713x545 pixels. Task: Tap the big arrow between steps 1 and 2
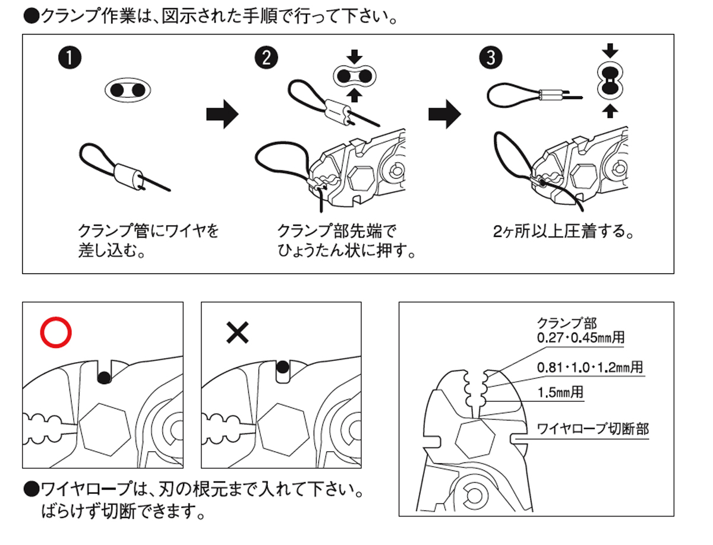pos(222,113)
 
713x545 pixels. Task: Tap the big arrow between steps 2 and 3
pos(445,113)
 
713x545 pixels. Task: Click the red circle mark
pos(56,333)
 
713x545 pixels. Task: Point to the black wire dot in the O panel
pos(105,376)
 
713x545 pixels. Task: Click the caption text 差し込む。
pos(113,250)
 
